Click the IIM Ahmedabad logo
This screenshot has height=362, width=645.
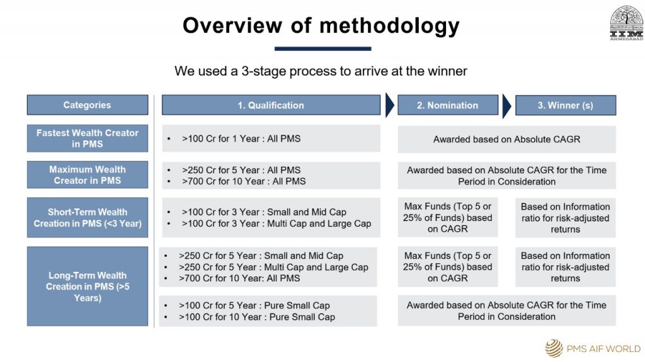[626, 23]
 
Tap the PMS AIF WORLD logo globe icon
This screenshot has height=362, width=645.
[554, 348]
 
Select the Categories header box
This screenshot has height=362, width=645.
[88, 105]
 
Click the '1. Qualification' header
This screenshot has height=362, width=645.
[271, 105]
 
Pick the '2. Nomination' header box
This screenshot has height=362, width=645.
[448, 105]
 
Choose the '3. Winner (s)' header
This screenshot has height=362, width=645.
[566, 105]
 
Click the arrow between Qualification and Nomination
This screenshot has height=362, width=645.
[389, 105]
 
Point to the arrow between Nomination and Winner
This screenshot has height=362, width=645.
[507, 106]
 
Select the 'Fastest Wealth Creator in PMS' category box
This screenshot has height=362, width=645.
[88, 139]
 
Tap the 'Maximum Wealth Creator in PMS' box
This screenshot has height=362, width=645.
[88, 175]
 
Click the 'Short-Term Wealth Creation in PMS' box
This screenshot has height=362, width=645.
[88, 218]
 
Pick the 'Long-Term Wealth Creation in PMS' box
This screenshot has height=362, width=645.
[88, 286]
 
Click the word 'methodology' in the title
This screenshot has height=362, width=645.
[389, 26]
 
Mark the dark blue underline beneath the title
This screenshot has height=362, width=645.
[323, 48]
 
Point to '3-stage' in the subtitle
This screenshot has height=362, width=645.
[263, 71]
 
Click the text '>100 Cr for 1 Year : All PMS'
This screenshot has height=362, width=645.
[241, 139]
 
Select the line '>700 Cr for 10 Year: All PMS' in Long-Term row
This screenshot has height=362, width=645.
[239, 278]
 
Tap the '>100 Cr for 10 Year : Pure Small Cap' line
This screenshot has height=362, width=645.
[257, 317]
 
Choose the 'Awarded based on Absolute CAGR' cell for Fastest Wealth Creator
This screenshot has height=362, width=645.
[507, 140]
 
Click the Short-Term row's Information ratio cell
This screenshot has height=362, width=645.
[566, 218]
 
